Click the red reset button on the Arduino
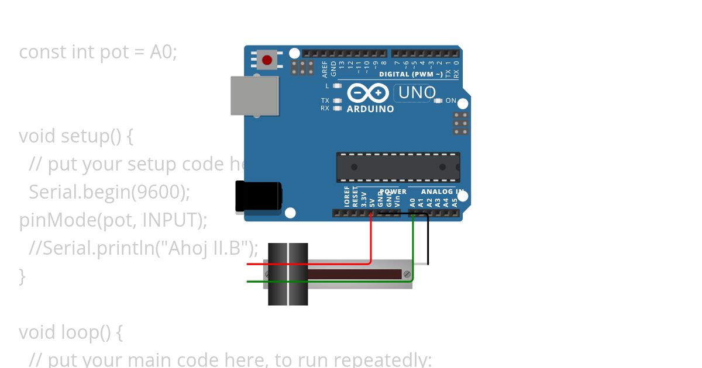coord(267,60)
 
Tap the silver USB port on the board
coord(254,95)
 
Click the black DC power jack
coord(258,196)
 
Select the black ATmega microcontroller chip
coord(398,167)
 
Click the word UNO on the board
coord(417,93)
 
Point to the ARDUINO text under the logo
coord(370,109)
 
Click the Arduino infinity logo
coord(368,93)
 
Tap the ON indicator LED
coord(438,100)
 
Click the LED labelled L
coord(337,86)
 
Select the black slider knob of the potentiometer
coord(288,274)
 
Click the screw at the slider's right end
coord(407,274)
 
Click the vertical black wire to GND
coord(428,239)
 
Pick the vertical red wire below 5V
coord(371,239)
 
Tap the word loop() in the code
coord(87,332)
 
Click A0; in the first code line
coord(163,51)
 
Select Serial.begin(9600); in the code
coord(109,192)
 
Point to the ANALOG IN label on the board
coord(442,192)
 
